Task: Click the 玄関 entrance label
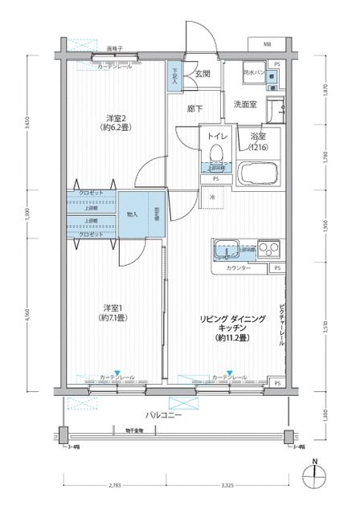pyautogui.click(x=202, y=74)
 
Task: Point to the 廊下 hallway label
pyautogui.click(x=194, y=108)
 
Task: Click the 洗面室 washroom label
pyautogui.click(x=246, y=104)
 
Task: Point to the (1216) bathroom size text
pyautogui.click(x=256, y=148)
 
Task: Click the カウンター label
pyautogui.click(x=238, y=267)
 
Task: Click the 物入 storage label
pyautogui.click(x=132, y=215)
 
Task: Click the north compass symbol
pyautogui.click(x=316, y=479)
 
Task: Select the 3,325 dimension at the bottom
pyautogui.click(x=224, y=485)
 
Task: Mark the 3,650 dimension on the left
pyautogui.click(x=27, y=127)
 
